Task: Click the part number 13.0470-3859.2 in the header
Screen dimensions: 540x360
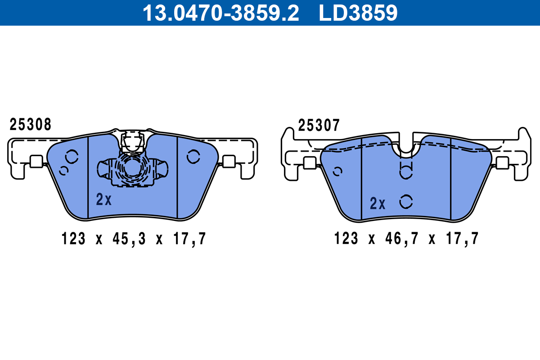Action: (221, 13)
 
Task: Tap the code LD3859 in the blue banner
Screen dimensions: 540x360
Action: (358, 13)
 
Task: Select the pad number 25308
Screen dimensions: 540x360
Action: (31, 124)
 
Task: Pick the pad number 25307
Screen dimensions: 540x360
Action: (319, 125)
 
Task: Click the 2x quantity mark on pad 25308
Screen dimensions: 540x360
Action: (103, 199)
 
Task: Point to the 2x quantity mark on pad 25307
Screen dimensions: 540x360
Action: (378, 203)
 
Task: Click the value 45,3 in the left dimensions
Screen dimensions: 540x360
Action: (129, 238)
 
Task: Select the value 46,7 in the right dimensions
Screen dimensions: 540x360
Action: (401, 238)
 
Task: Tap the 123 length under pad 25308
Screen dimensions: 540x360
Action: (73, 238)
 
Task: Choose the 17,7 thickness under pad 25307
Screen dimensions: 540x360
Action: (462, 238)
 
